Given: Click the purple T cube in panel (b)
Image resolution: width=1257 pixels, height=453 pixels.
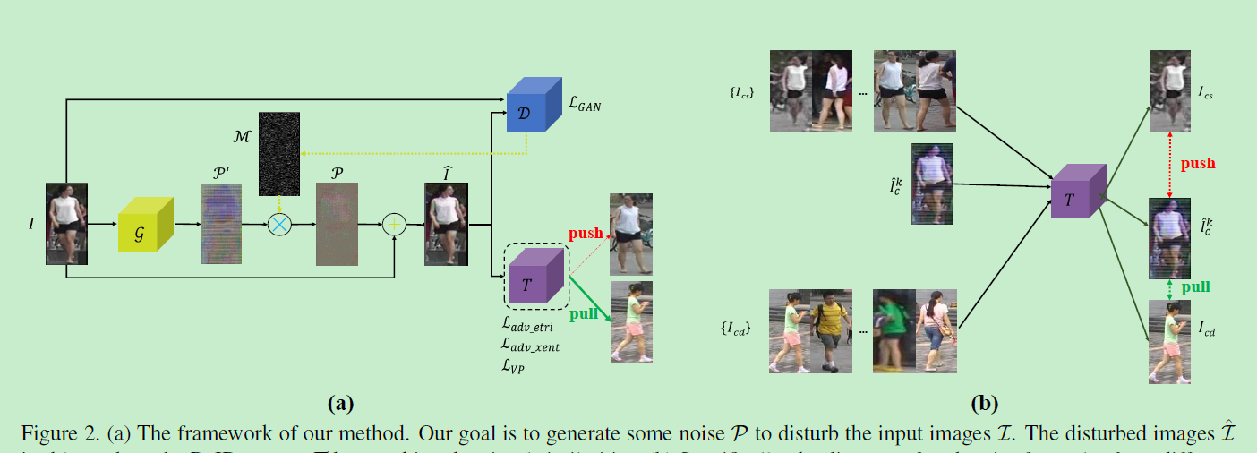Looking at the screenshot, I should click(1080, 191).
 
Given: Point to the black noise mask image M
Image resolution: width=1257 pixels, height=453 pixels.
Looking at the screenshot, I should click(278, 153).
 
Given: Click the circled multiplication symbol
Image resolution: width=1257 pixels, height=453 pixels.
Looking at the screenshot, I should click(280, 225).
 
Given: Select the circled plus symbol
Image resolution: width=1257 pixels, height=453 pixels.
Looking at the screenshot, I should click(394, 225).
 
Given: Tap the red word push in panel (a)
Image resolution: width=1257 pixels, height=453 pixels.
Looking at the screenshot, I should click(586, 234).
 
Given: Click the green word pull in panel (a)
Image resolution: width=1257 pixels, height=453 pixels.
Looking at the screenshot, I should click(583, 313).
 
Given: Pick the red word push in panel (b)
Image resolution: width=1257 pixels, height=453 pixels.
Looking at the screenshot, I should click(1198, 164).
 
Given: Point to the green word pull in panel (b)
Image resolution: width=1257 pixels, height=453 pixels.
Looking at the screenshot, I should click(1195, 287).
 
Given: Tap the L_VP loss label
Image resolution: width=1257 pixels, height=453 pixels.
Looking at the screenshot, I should click(514, 364).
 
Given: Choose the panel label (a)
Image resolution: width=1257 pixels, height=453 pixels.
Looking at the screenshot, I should click(339, 403).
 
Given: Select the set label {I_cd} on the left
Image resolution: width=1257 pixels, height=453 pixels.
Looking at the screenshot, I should click(735, 329).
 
